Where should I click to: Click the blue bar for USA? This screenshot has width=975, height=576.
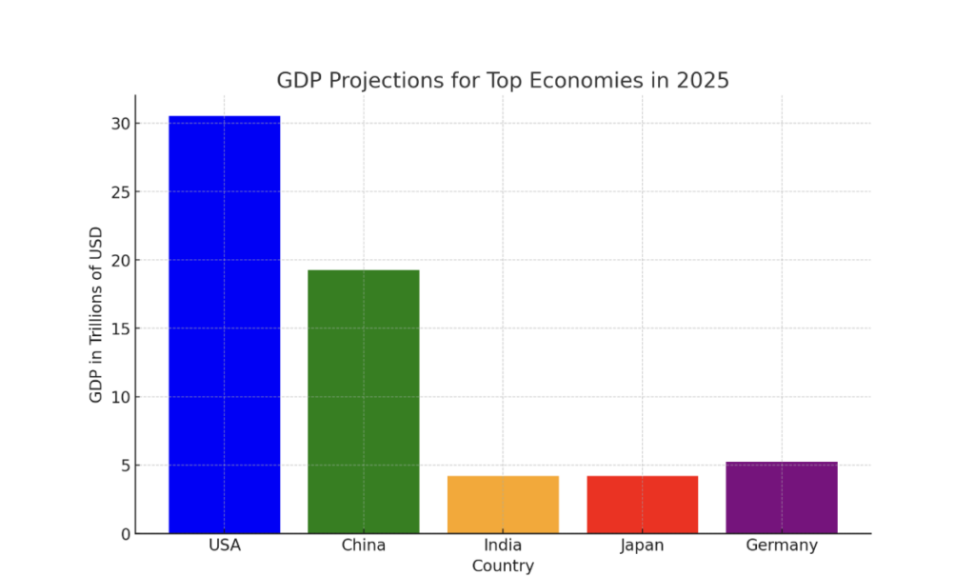click(225, 324)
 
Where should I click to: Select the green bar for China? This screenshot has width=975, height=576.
click(364, 401)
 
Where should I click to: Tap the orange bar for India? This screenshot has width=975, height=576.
click(503, 504)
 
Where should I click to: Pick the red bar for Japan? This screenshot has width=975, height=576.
click(643, 504)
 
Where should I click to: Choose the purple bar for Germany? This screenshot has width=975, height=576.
click(782, 497)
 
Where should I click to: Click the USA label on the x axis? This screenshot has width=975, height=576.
click(225, 546)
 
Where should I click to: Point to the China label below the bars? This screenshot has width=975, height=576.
click(364, 546)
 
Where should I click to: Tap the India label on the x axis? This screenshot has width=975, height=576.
click(503, 546)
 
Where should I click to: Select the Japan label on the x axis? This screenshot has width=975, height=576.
click(643, 546)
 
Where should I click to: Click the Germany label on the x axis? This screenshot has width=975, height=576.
click(782, 546)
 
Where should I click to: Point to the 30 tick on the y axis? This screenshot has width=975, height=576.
click(117, 124)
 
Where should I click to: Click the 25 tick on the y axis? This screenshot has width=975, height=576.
click(117, 192)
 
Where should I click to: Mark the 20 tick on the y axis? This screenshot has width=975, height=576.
click(117, 260)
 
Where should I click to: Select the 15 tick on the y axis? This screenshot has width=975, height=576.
click(117, 328)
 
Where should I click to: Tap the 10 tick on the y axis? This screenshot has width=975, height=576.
click(117, 397)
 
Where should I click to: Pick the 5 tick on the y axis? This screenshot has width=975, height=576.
click(122, 466)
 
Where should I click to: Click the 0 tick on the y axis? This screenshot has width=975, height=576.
click(122, 534)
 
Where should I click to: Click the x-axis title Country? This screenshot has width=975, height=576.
click(503, 566)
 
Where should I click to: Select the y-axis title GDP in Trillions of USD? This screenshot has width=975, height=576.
click(96, 314)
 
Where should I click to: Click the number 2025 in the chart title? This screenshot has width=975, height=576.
click(703, 81)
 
